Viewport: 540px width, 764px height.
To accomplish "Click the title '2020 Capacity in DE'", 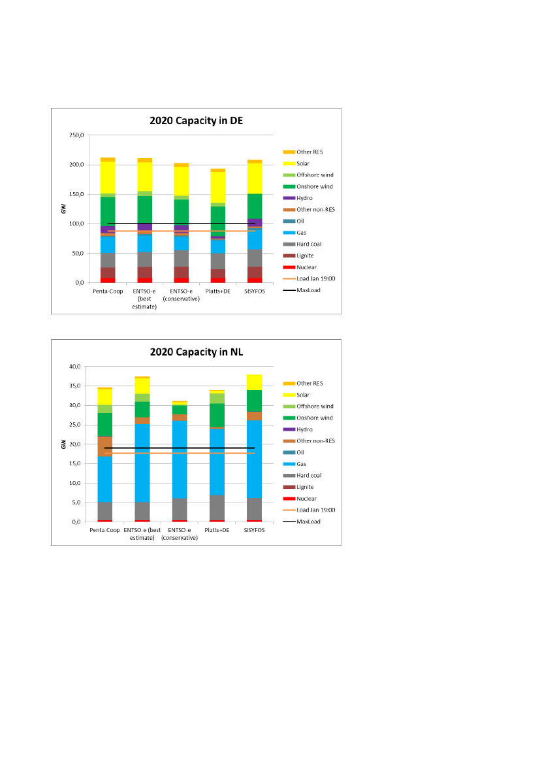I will tap(196, 120).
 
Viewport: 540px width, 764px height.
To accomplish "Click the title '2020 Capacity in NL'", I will tap(196, 352).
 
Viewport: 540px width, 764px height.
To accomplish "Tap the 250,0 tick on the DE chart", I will tap(76, 135).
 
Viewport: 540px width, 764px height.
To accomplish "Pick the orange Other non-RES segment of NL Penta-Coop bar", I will tap(105, 446).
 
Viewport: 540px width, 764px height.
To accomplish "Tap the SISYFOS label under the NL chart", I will tap(255, 529).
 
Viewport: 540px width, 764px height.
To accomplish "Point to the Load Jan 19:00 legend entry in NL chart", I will tap(316, 510).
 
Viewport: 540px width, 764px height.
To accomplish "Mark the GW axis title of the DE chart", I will tap(63, 209).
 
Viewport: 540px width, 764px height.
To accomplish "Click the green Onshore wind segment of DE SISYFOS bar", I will tap(255, 206).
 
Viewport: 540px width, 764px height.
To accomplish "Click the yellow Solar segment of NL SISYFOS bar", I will tap(255, 382).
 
